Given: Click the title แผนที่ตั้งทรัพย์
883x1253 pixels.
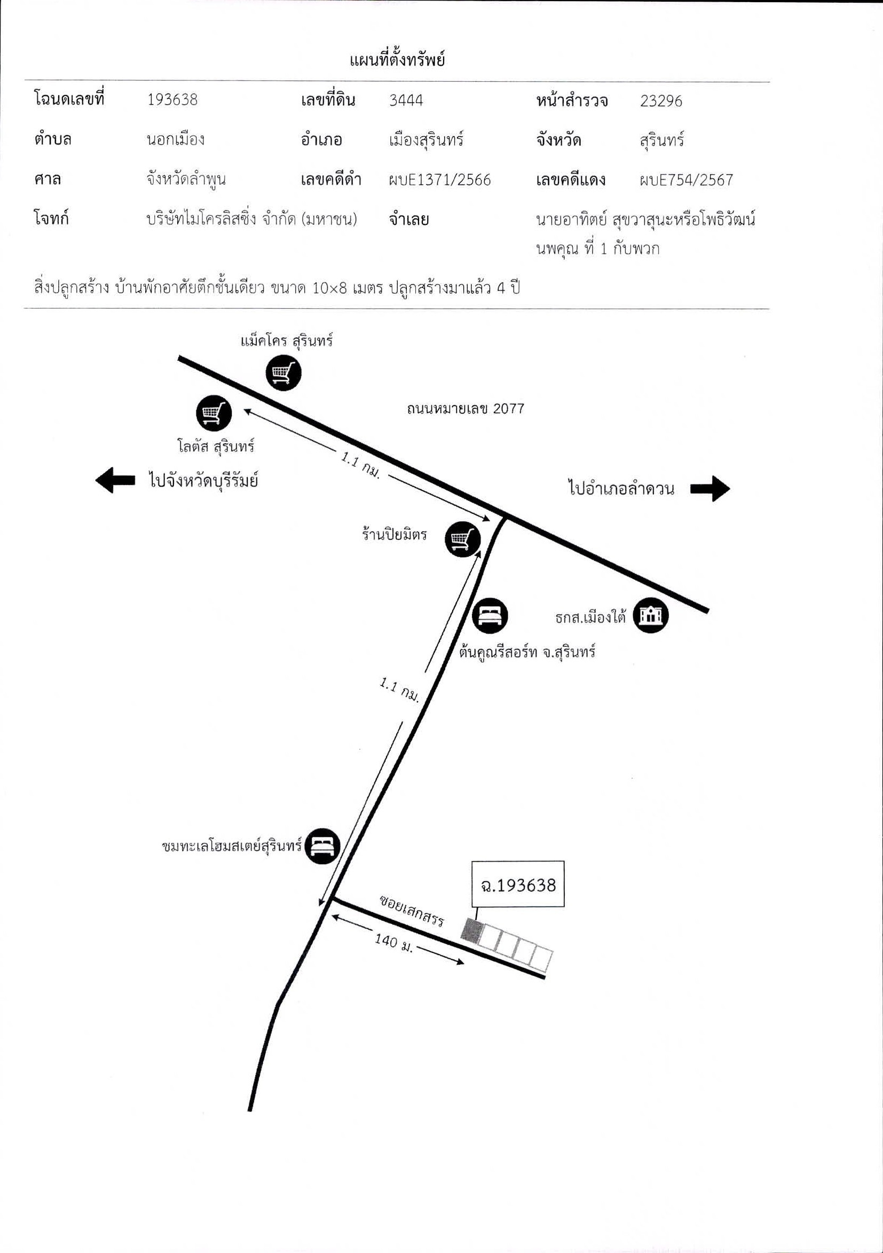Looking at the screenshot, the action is [x=397, y=59].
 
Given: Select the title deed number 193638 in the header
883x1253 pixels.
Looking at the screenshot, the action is [x=172, y=99].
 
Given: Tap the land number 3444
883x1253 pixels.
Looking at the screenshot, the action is [x=406, y=100].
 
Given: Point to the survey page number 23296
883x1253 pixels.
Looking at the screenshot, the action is [x=661, y=101].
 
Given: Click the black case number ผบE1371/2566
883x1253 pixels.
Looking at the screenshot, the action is [x=439, y=179].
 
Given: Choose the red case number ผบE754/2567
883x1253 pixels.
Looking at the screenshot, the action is [x=686, y=180].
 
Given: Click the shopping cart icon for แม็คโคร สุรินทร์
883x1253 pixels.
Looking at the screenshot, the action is [x=283, y=373].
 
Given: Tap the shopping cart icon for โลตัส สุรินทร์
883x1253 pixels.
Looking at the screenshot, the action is [x=214, y=413].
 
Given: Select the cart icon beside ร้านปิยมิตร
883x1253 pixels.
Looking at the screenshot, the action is [x=462, y=539].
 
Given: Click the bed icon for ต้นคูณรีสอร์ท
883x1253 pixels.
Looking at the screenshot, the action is [x=490, y=615].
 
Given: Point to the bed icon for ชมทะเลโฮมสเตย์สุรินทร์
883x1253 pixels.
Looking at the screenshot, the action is [x=322, y=847].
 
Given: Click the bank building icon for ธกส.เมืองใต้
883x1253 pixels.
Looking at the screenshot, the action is [x=651, y=615].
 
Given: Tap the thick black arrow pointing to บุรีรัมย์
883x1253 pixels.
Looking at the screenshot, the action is [x=115, y=480].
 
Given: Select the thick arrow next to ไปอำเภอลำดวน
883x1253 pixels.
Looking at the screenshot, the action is [x=710, y=488].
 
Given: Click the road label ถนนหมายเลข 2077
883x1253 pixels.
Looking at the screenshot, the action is [x=465, y=408].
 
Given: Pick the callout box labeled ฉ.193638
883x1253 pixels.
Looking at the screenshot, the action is [x=518, y=884].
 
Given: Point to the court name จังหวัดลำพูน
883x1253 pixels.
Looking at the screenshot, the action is [x=186, y=179].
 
